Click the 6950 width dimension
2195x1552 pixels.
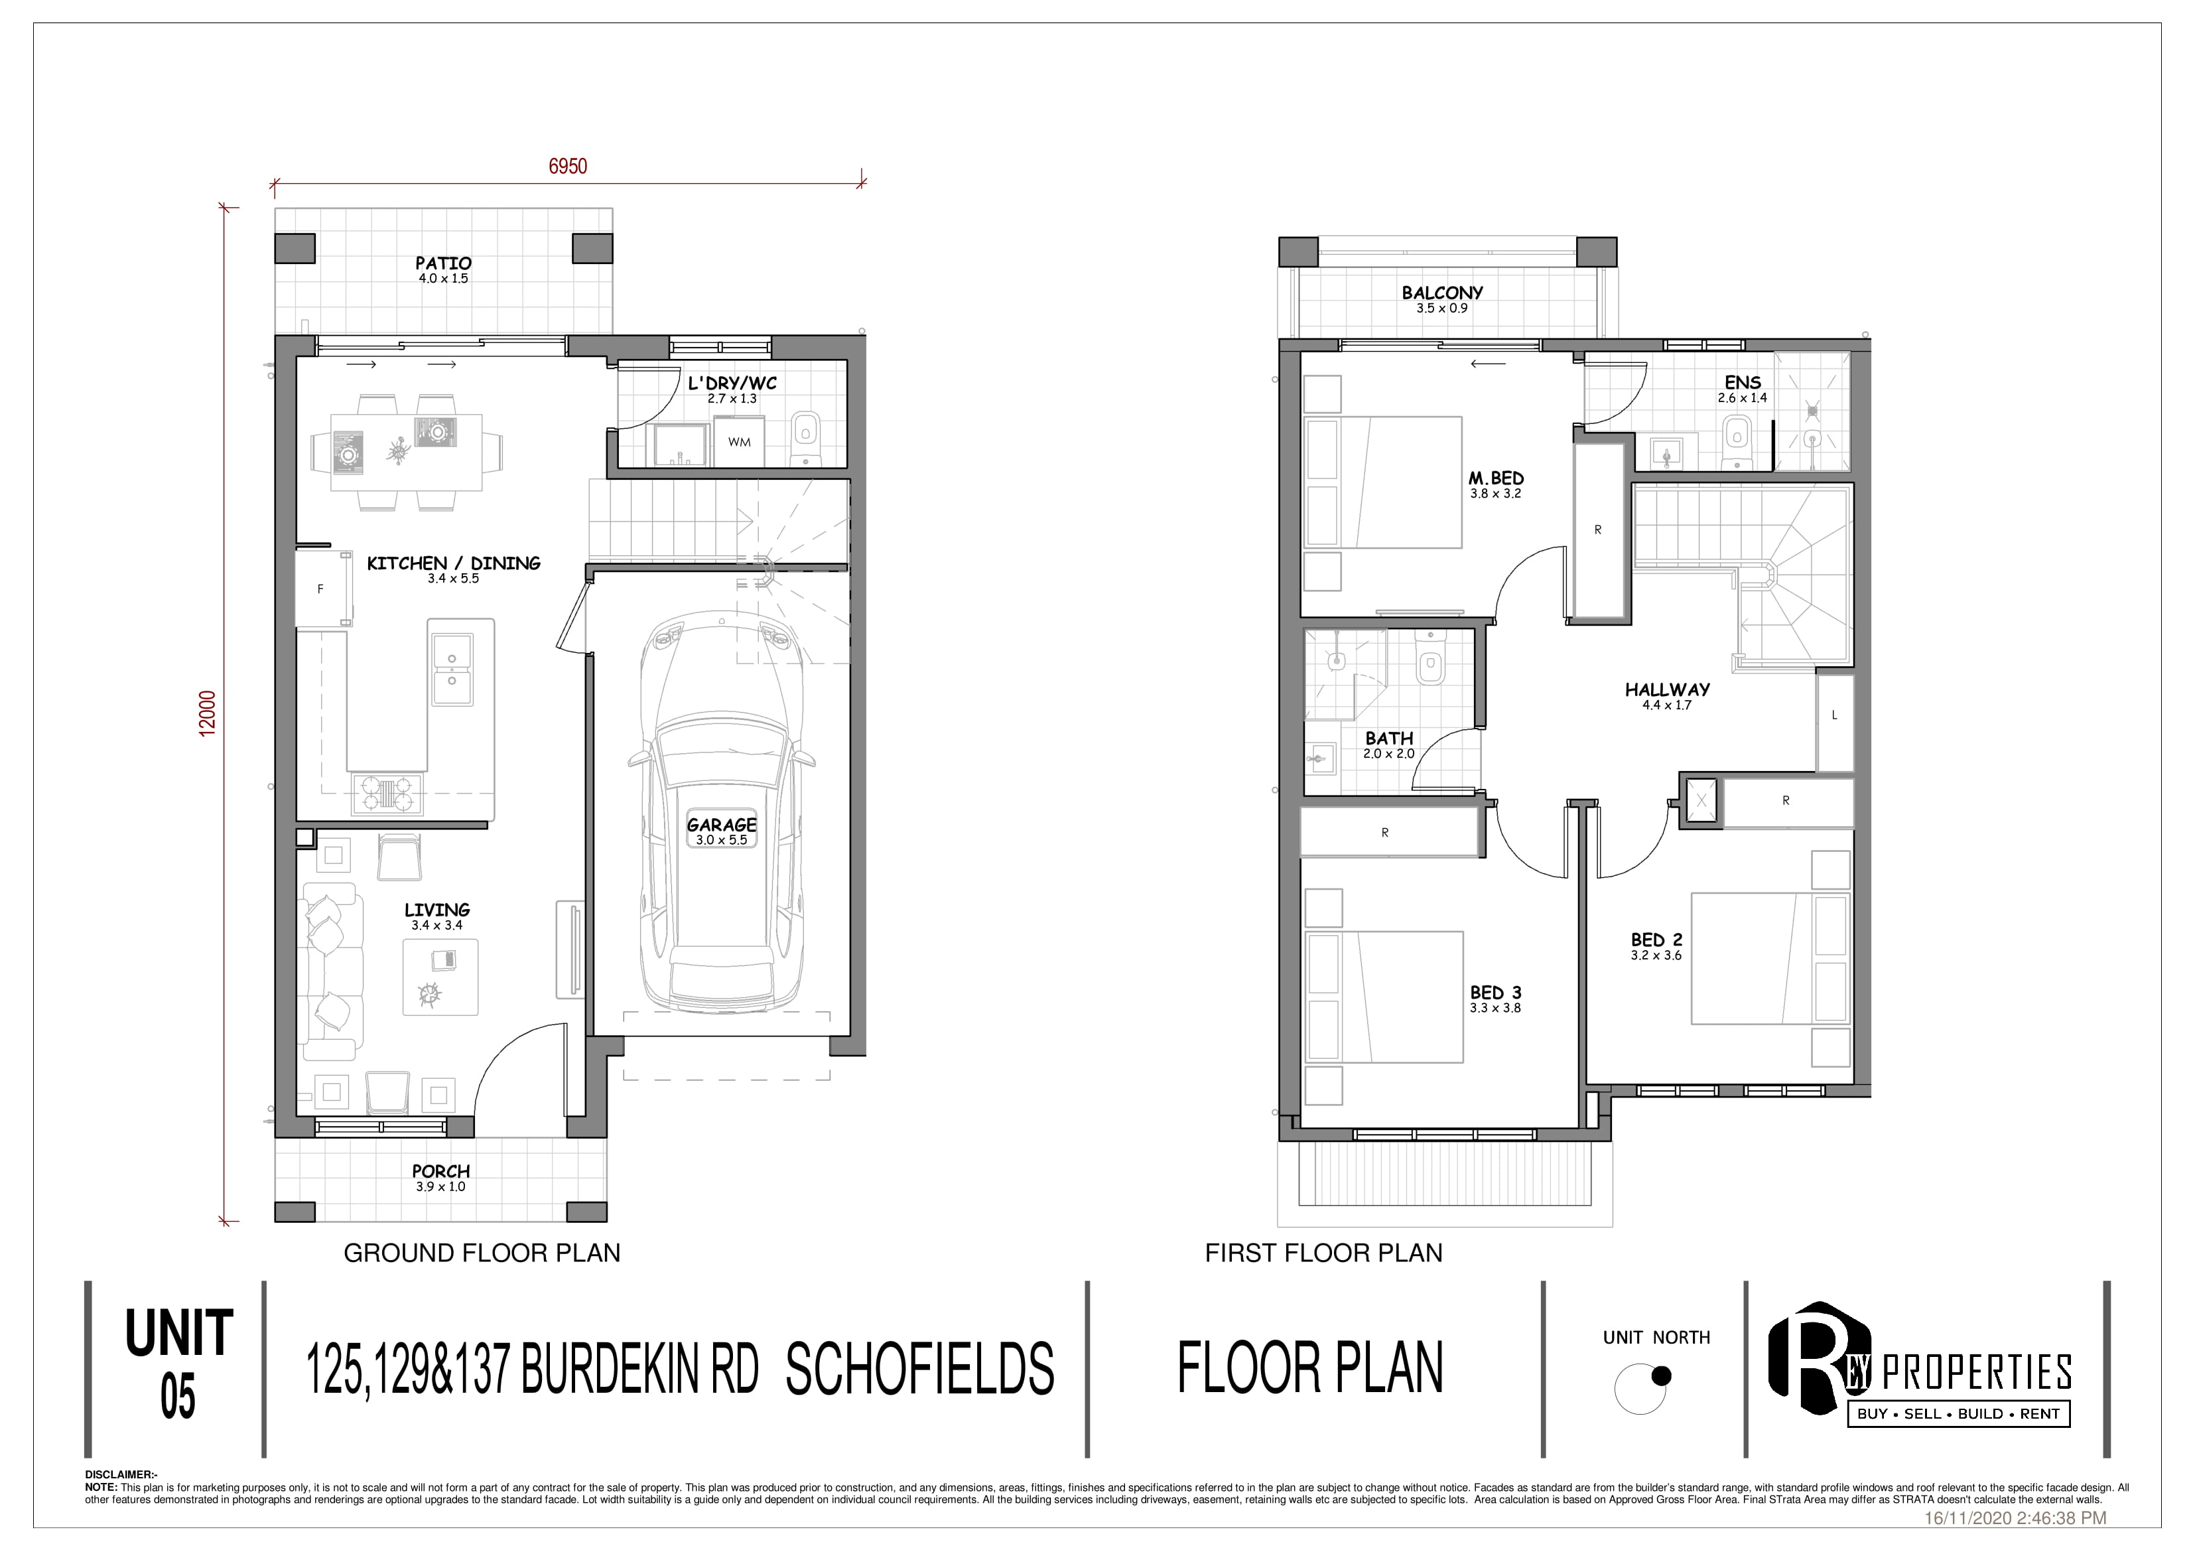(x=568, y=167)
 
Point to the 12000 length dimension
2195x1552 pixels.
(x=208, y=713)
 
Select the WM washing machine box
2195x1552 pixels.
(x=739, y=443)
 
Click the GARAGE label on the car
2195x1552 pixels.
(x=722, y=824)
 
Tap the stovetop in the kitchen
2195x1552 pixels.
(x=386, y=793)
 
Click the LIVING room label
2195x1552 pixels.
(x=437, y=910)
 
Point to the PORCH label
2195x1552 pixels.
(x=440, y=1170)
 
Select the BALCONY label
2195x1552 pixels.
(x=1443, y=293)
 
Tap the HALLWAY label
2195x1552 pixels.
(x=1667, y=689)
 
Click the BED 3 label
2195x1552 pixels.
(x=1495, y=993)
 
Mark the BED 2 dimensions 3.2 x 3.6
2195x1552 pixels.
(x=1656, y=955)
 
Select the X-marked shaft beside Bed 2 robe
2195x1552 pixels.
(x=1701, y=802)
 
